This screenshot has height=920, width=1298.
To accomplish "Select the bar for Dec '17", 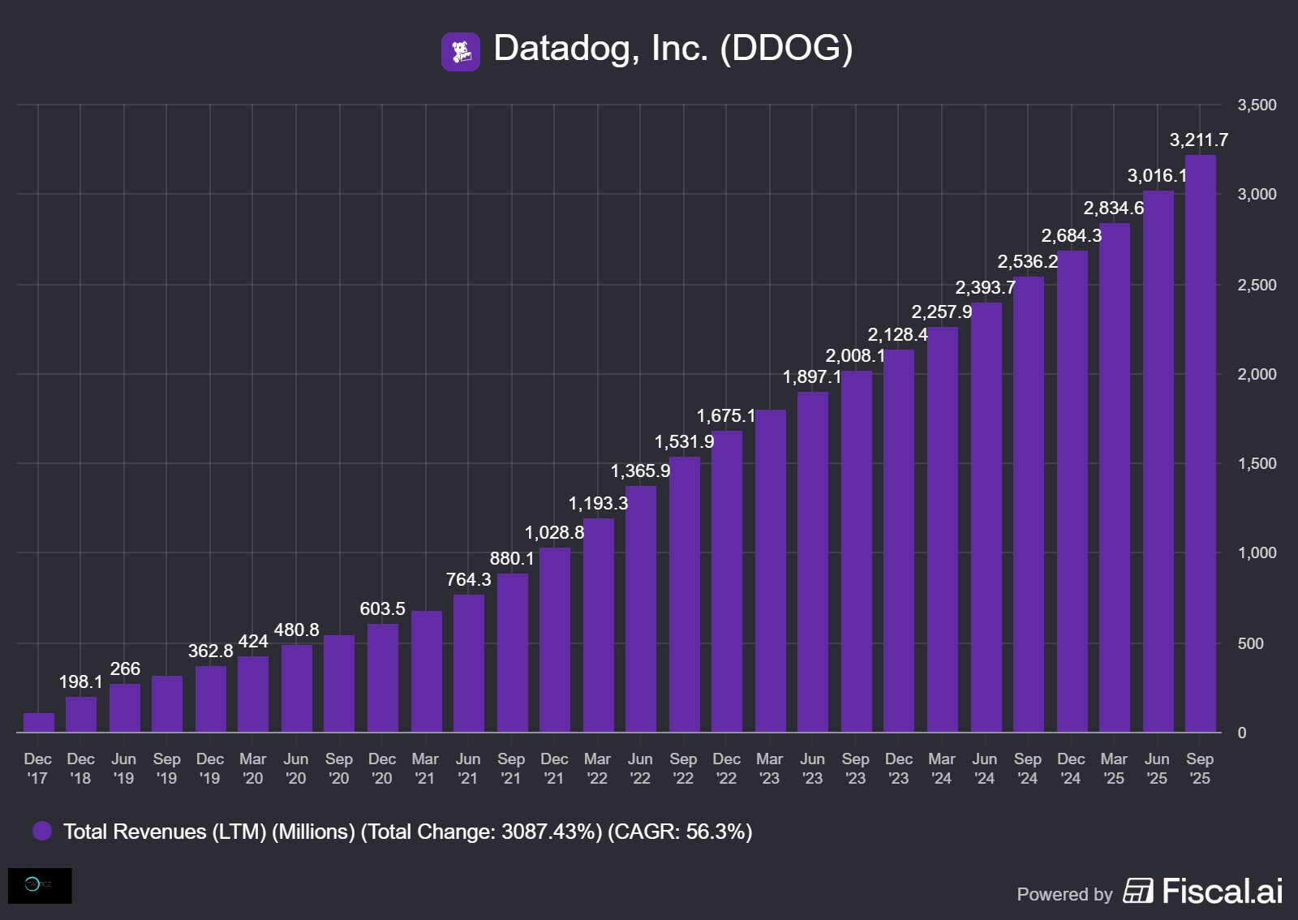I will (x=38, y=723).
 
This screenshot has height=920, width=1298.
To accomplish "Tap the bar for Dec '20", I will (x=382, y=678).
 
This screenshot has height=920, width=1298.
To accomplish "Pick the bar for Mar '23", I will (x=770, y=571).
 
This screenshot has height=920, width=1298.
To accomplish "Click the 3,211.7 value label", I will (x=1198, y=140).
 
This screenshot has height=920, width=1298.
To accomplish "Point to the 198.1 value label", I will (x=80, y=682).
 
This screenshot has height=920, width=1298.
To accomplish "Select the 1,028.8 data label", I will (x=554, y=533).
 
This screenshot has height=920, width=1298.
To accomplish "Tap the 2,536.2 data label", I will (x=1027, y=262).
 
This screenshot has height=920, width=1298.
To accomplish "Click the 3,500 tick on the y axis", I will (x=1256, y=105).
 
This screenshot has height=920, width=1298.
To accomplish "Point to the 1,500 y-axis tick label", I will (x=1256, y=464).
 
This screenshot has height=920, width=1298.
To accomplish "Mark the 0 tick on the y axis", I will (x=1241, y=733).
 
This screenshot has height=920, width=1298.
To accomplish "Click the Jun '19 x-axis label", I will (x=123, y=768).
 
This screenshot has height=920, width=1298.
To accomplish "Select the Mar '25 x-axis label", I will (x=1114, y=768).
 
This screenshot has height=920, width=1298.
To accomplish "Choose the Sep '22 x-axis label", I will (x=683, y=768).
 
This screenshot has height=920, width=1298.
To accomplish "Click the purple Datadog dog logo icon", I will (x=460, y=52).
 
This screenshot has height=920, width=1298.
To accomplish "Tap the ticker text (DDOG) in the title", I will (x=786, y=49).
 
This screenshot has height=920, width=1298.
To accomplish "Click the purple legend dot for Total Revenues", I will (x=42, y=831).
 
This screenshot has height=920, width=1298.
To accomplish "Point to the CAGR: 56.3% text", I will (x=680, y=832).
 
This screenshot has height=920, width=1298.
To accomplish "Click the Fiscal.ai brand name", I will (x=1222, y=892).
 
